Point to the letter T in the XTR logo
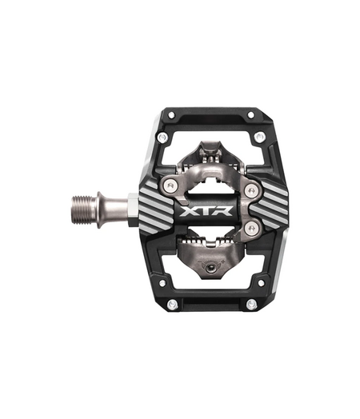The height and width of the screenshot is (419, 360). tap(210, 213)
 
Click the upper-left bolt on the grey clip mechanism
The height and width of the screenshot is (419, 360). tap(169, 186)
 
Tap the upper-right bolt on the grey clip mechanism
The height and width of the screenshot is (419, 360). tap(251, 190)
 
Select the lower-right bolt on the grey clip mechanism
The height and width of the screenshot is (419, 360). tap(251, 231)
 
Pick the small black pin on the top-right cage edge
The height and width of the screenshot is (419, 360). tap(249, 115)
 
